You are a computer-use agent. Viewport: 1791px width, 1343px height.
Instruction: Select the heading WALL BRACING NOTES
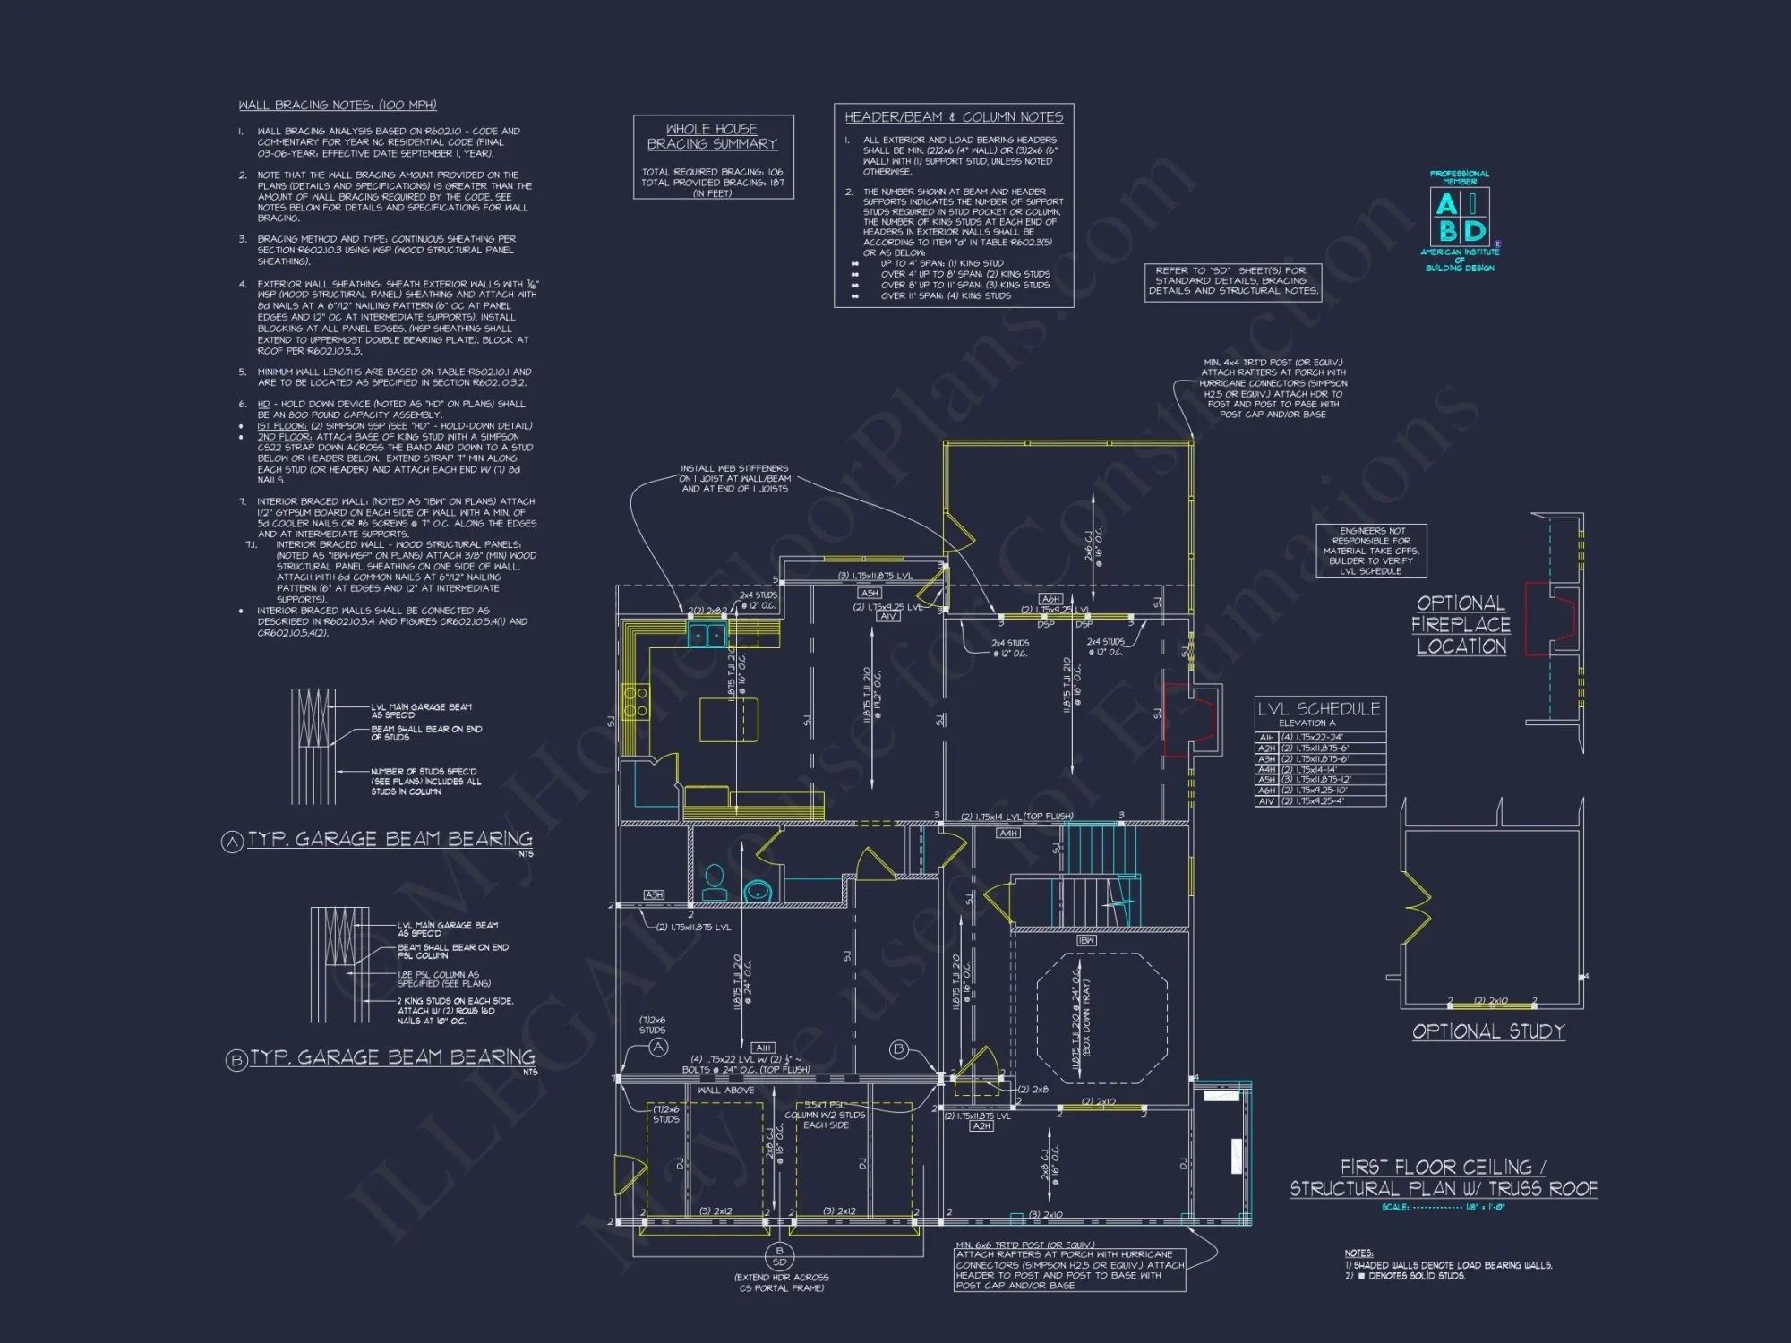[x=338, y=106]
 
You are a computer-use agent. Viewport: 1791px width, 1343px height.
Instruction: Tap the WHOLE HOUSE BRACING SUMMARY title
[x=712, y=137]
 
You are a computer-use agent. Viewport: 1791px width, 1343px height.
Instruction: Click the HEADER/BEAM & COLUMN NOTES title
[x=954, y=117]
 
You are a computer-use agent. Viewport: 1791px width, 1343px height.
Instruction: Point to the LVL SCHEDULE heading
[x=1319, y=709]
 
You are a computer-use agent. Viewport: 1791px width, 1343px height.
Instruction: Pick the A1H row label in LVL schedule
[x=1266, y=738]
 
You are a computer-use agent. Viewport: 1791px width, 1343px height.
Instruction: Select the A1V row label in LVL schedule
[x=1266, y=801]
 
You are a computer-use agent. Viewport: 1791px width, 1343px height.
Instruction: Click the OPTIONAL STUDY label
[x=1488, y=1031]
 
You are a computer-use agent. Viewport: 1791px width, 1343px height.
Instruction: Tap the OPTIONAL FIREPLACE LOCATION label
[x=1461, y=625]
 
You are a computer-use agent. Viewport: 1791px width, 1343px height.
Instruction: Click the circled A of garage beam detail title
[x=233, y=842]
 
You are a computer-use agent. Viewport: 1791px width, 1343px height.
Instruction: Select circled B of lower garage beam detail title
[x=236, y=1061]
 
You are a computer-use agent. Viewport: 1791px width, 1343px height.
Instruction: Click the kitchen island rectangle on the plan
[x=728, y=720]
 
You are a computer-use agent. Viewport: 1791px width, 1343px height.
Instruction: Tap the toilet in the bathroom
[x=715, y=882]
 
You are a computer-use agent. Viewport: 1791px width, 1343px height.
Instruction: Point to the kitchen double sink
[x=707, y=636]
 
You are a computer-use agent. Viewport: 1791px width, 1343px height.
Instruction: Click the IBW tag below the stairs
[x=1086, y=941]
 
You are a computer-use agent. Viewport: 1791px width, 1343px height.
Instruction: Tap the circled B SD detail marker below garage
[x=779, y=1257]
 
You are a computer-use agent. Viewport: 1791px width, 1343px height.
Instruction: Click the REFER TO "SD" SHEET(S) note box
[x=1232, y=281]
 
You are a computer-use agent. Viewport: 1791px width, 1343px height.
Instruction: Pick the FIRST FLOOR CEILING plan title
[x=1443, y=1177]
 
